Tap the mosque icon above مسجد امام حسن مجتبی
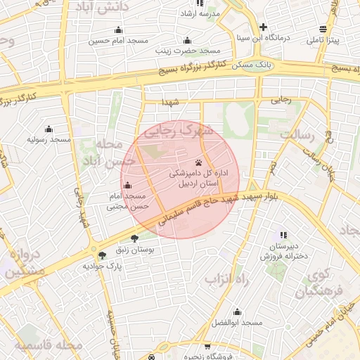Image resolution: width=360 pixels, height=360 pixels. (x=127, y=186)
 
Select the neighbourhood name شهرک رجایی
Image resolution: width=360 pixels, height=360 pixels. (x=176, y=131)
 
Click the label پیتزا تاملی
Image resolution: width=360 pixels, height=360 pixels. (x=323, y=41)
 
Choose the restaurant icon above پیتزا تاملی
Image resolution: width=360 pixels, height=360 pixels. (x=323, y=29)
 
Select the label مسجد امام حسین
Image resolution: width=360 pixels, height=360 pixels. (x=118, y=41)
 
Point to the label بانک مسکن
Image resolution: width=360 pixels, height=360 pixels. (x=252, y=64)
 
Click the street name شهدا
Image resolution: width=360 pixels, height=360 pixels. (x=170, y=102)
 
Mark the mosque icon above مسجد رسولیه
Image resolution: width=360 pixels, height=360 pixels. (x=49, y=129)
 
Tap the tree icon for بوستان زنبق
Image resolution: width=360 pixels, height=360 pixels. (x=134, y=239)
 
